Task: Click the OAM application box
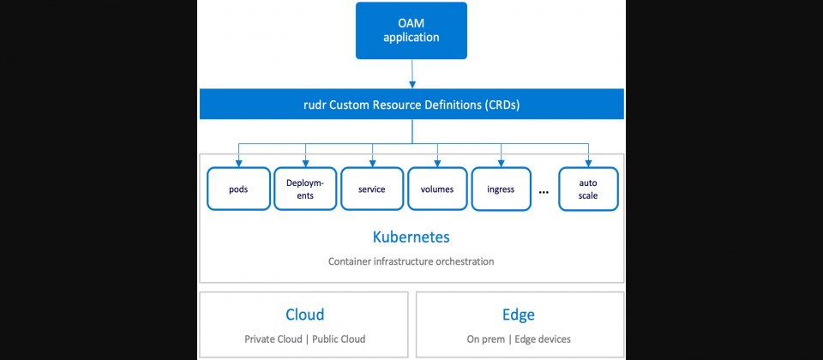(x=411, y=31)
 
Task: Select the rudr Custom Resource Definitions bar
(x=411, y=104)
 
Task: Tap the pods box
(x=238, y=189)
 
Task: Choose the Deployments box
(x=305, y=189)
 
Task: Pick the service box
(x=371, y=189)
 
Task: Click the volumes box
(x=437, y=189)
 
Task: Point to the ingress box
(x=501, y=189)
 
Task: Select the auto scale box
(x=588, y=189)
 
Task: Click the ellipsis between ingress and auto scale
(x=544, y=193)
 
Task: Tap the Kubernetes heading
(x=411, y=237)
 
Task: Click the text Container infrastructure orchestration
(x=411, y=261)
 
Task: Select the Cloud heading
(x=304, y=315)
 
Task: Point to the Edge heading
(x=519, y=315)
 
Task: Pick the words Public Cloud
(x=339, y=339)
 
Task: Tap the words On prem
(x=487, y=339)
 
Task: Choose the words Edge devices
(x=543, y=339)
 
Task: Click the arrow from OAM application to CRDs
(x=412, y=74)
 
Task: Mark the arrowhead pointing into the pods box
(x=239, y=163)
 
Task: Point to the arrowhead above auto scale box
(x=588, y=163)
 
